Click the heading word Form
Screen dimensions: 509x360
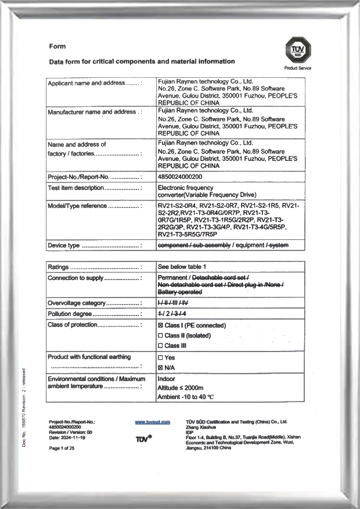pos(57,46)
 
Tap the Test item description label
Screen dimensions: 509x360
pos(75,188)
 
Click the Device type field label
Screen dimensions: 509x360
pos(64,246)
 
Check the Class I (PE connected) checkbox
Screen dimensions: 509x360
pos(160,326)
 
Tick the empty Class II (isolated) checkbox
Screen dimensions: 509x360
pos(160,336)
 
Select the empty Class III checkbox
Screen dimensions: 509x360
pos(160,346)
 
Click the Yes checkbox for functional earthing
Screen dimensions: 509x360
pos(160,358)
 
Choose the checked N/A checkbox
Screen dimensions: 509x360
pos(160,368)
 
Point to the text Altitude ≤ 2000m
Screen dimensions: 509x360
pos(181,388)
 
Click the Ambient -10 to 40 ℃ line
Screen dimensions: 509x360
pos(186,397)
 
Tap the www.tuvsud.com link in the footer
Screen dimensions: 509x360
pos(152,422)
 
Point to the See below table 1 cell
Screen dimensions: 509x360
pos(182,267)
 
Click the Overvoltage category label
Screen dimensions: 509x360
pos(77,303)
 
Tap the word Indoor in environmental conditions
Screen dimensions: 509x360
pos(167,378)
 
